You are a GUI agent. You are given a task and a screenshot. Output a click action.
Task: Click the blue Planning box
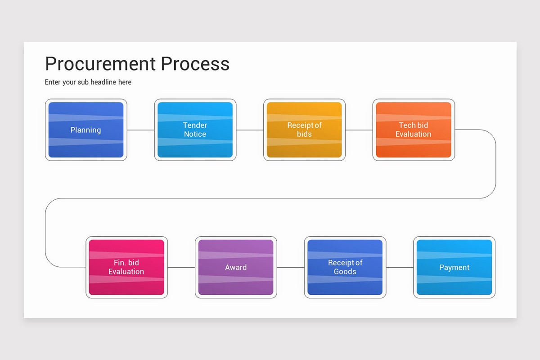point(86,130)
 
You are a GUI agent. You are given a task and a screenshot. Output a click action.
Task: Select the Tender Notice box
point(195,130)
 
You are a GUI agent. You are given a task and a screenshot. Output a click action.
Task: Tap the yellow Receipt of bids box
point(304,130)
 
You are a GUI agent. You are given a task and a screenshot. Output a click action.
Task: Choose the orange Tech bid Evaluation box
point(413,130)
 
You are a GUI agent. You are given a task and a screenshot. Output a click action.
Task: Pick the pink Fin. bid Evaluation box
point(126,267)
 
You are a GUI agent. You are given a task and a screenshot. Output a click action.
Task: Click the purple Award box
point(236,267)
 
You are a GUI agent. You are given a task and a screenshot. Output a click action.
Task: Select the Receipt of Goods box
point(345,267)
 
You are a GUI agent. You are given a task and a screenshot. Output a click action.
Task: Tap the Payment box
point(454,267)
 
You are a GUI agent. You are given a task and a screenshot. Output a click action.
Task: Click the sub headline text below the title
point(88,82)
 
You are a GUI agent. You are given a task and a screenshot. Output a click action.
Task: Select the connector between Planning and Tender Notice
point(141,130)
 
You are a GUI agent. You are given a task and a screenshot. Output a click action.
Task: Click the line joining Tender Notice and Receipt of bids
point(250,130)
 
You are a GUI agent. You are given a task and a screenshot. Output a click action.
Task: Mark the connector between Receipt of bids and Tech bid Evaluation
point(359,130)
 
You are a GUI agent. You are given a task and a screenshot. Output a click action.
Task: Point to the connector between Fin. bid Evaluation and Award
point(181,267)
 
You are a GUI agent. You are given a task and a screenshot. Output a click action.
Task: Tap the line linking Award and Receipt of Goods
point(291,267)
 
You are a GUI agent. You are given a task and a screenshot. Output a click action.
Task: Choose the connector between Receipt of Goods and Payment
point(400,267)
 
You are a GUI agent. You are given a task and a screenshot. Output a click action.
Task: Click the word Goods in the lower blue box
point(345,272)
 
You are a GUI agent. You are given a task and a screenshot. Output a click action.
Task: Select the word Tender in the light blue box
point(195,125)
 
